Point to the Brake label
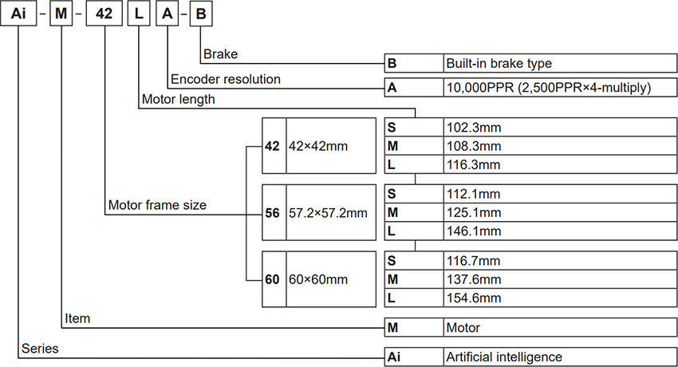pyautogui.click(x=220, y=54)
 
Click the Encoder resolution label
pyautogui.click(x=226, y=79)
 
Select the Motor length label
pyautogui.click(x=178, y=99)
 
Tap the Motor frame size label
pyautogui.click(x=156, y=205)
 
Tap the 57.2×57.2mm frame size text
pyautogui.click(x=328, y=213)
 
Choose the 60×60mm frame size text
pyautogui.click(x=318, y=280)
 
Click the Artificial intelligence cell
pyautogui.click(x=504, y=357)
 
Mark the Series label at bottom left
pyautogui.click(x=40, y=349)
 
